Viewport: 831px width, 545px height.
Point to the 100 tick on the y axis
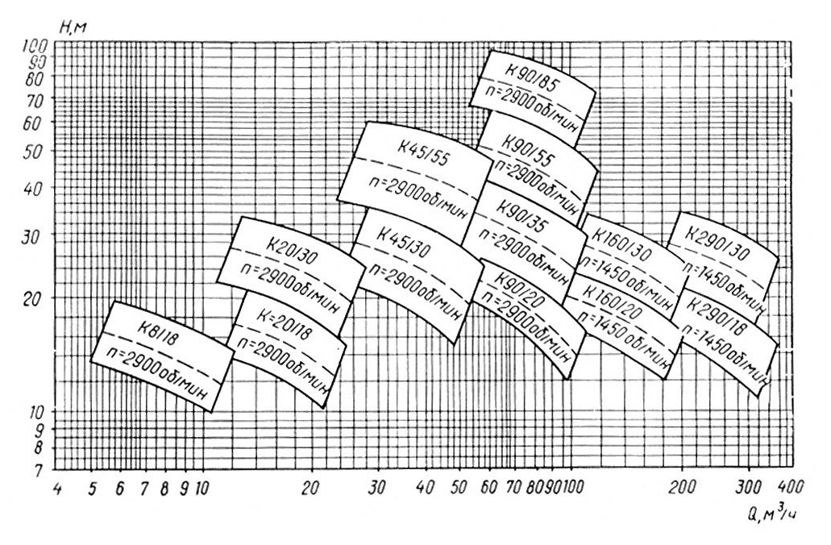(x=39, y=47)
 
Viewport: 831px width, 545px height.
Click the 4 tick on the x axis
(x=57, y=488)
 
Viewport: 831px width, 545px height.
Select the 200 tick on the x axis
(x=683, y=487)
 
